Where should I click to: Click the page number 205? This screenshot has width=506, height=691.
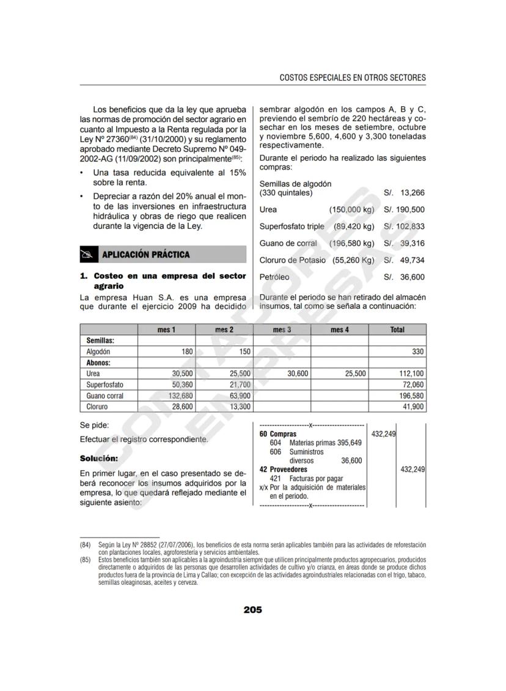click(x=252, y=609)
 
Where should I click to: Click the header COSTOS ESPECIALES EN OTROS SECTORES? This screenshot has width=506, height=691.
click(x=353, y=78)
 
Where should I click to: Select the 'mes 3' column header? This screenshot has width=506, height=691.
click(x=282, y=330)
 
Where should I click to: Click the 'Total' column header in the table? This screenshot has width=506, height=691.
click(x=397, y=330)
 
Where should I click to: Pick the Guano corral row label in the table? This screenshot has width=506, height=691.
click(x=105, y=396)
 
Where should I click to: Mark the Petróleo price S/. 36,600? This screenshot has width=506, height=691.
click(x=404, y=277)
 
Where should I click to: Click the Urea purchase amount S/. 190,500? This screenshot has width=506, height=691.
click(x=404, y=209)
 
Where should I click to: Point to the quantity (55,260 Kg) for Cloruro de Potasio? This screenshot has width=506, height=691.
click(x=353, y=260)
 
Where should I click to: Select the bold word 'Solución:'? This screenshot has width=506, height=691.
click(x=99, y=458)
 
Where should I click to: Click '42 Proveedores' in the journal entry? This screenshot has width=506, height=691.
click(x=284, y=469)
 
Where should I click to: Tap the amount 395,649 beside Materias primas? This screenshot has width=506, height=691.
click(x=350, y=443)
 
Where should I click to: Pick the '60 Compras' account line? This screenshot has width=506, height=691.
click(x=278, y=434)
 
